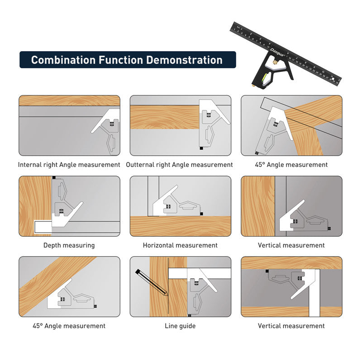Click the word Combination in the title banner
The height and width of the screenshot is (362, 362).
point(63,60)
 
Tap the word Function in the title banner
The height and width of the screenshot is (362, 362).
point(121,60)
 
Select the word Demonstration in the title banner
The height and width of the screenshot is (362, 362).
point(184,60)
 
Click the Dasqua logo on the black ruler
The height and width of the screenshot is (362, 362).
point(277,52)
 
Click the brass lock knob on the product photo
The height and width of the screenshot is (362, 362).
point(275,62)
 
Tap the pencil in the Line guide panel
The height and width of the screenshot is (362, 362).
point(151,282)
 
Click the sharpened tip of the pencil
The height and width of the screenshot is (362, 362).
point(167,295)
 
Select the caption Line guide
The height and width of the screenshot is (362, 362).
point(180,326)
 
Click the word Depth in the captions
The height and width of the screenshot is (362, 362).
point(52,245)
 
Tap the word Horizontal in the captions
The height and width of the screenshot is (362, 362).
point(157,245)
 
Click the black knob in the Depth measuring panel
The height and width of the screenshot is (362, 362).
point(54,177)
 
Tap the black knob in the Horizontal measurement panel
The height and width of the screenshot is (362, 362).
point(201,214)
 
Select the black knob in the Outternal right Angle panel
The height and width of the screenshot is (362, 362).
point(201,148)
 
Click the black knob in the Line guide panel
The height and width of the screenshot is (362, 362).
point(190,315)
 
